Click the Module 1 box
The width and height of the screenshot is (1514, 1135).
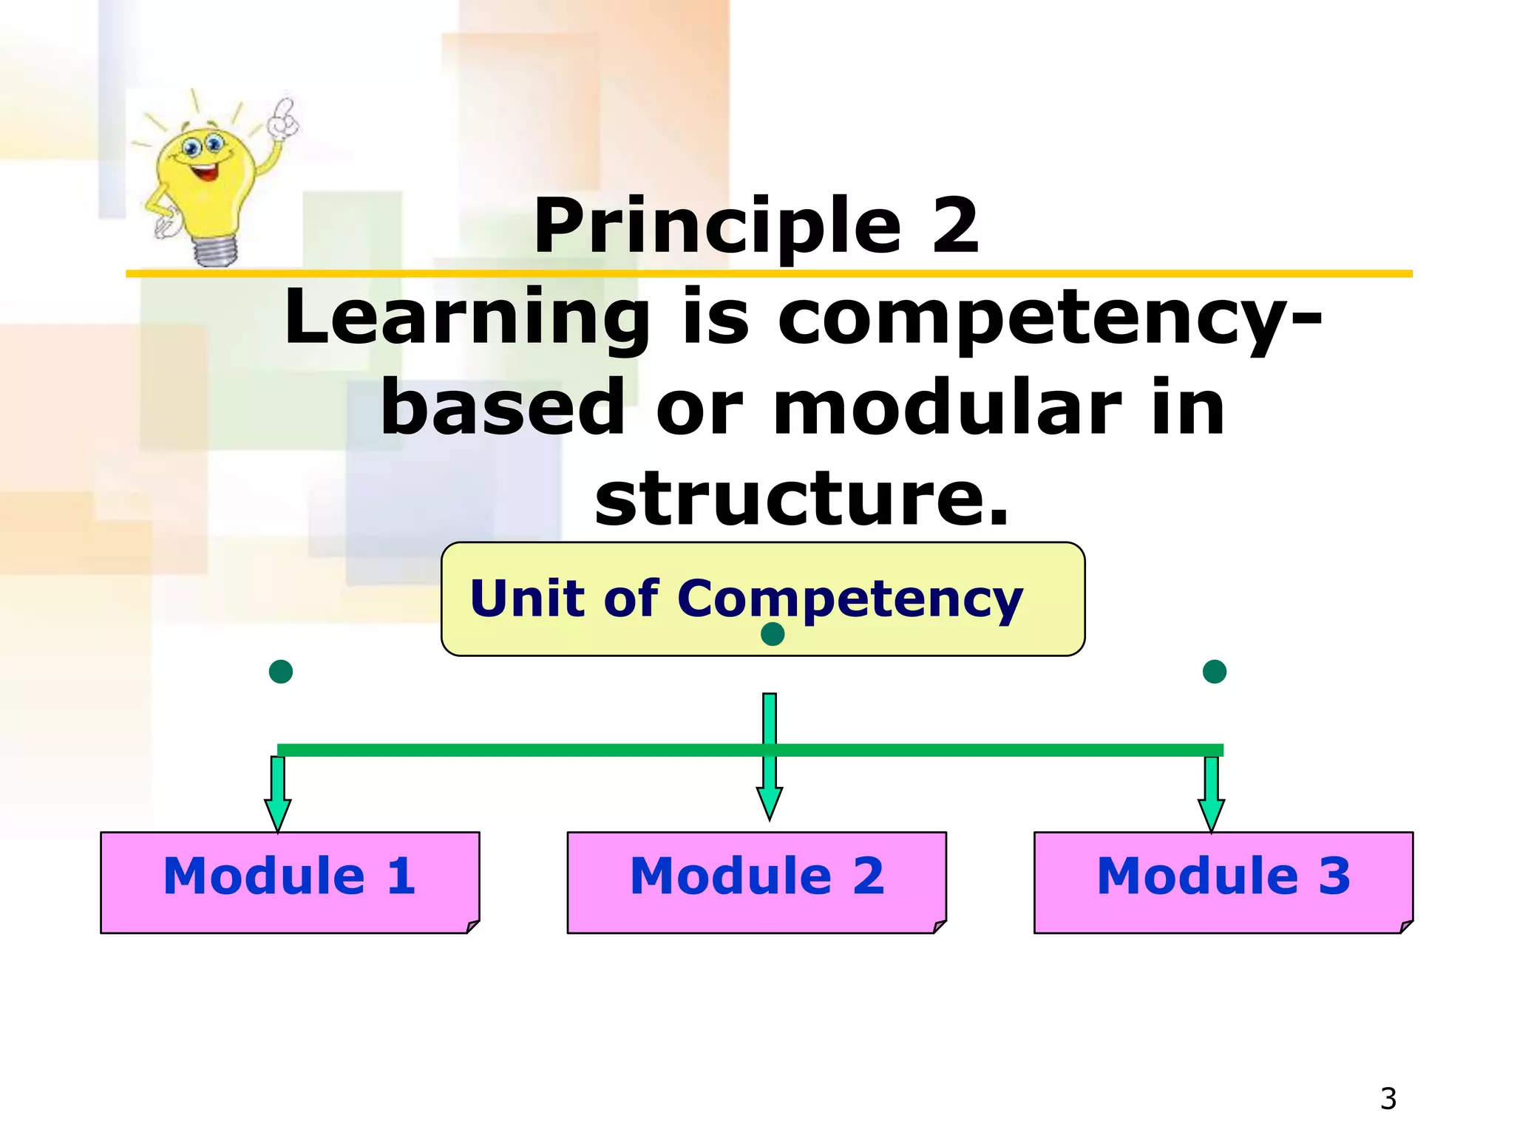point(290,882)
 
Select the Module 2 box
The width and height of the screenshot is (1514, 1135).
point(756,882)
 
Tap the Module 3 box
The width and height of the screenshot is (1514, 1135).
point(1223,882)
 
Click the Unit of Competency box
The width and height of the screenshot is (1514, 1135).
point(763,599)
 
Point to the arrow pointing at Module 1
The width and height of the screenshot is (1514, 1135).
point(278,795)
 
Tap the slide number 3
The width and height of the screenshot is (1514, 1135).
point(1388,1099)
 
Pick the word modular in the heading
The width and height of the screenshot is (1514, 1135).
point(947,408)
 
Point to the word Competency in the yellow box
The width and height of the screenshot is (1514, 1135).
point(850,599)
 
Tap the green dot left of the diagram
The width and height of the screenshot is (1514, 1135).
point(281,672)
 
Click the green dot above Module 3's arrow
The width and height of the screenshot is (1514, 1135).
point(1215,672)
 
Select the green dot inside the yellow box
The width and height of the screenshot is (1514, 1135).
point(773,634)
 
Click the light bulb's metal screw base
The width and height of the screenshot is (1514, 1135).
point(215,250)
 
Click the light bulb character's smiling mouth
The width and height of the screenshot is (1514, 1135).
point(205,172)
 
